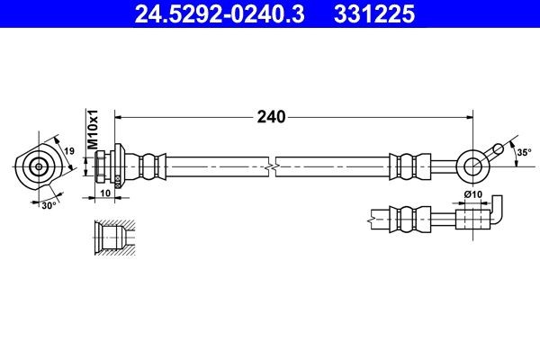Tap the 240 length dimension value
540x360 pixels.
pos(270,117)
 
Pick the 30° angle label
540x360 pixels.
pos(50,204)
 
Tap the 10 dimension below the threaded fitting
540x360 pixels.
pos(104,193)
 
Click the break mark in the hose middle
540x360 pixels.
pos(270,166)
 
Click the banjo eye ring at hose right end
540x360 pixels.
pos(471,165)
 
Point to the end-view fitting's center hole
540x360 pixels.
pos(38,166)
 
